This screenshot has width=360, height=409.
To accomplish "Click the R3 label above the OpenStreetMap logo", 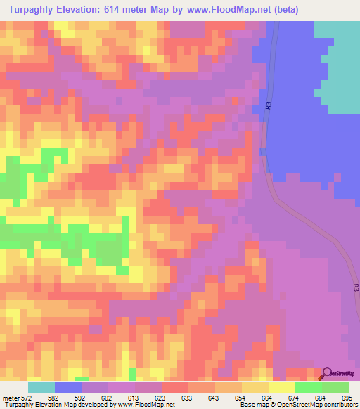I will click(x=356, y=288).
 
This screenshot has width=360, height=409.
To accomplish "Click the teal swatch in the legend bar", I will click(x=41, y=388).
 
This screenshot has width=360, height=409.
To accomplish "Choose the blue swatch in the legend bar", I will click(x=68, y=388).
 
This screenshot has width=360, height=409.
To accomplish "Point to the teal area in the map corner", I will click(x=337, y=63).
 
